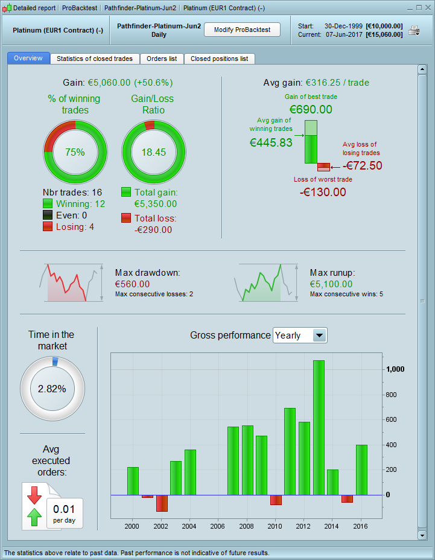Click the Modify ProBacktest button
(242, 30)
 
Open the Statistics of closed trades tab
(95, 59)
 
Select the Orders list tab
(162, 59)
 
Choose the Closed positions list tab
(219, 59)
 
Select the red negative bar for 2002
(162, 503)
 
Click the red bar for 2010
(276, 500)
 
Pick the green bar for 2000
(133, 480)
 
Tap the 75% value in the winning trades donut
(75, 152)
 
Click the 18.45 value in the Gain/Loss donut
(153, 152)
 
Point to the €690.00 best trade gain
(311, 109)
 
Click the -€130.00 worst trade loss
(323, 192)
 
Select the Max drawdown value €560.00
(132, 284)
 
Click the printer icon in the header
(414, 30)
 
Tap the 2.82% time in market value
(52, 389)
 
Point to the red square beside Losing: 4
(48, 226)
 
